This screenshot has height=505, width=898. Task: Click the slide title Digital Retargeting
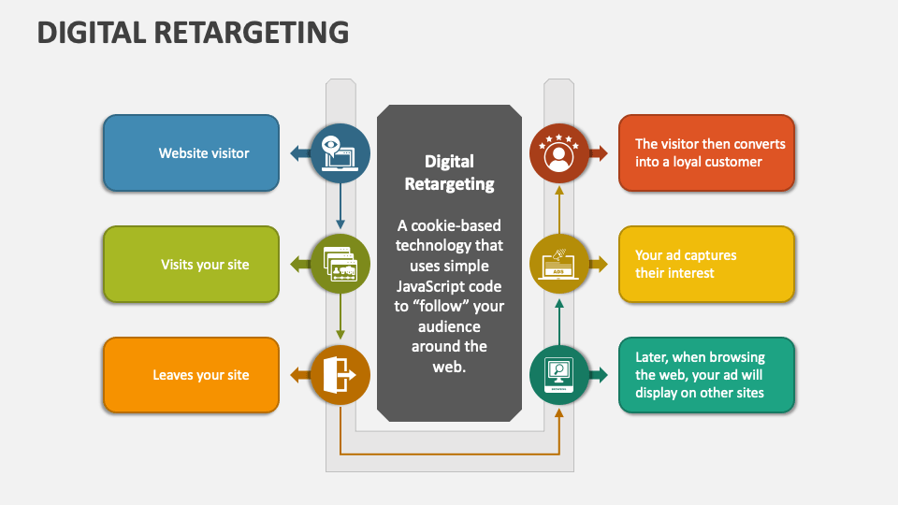coord(193,32)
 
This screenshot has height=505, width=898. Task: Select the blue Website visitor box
coord(191,153)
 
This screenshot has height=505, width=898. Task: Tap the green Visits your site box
coord(191,265)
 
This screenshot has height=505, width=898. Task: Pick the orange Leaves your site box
coord(191,375)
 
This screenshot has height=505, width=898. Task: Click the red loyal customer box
coord(706,153)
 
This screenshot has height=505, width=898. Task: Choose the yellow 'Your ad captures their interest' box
coord(706,265)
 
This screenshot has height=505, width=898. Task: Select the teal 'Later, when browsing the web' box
coord(706,375)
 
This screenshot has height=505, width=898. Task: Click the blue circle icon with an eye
coord(340,153)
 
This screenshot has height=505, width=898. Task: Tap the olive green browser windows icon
coord(340,265)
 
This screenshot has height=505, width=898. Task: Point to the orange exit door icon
coord(340,375)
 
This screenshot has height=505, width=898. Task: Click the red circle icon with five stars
coord(559,153)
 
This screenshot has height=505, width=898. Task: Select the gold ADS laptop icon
coord(559,265)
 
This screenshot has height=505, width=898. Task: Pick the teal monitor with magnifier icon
coord(559,375)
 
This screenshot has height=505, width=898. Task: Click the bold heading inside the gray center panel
coord(449,172)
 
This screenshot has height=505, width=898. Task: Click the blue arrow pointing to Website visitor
coord(298,153)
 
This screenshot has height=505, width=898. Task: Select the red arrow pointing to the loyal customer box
coord(600,153)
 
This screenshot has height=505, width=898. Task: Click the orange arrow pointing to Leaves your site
coord(298,375)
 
